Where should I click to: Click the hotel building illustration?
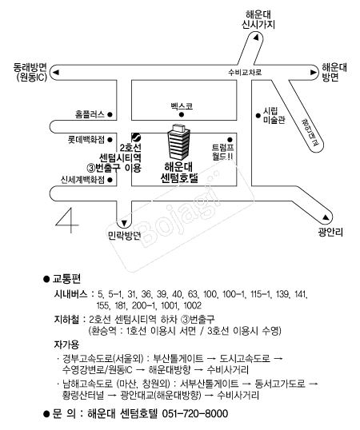tap(178, 142)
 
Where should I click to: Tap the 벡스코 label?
tap(182, 106)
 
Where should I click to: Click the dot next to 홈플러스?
tap(110, 114)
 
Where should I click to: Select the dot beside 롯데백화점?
tap(110, 140)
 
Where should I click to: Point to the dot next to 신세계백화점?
tap(110, 180)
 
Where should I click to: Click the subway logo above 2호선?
tap(136, 137)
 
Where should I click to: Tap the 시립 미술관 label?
tap(274, 115)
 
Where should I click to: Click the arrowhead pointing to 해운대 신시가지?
tap(256, 38)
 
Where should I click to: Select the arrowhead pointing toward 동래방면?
tap(56, 73)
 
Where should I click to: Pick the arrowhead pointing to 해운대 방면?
tap(314, 73)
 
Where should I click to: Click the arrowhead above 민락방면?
tap(124, 223)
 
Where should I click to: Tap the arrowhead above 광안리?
tap(326, 217)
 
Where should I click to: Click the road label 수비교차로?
tap(245, 73)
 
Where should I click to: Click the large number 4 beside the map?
tap(66, 221)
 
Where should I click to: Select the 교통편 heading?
tap(66, 279)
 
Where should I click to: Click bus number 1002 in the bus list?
tap(192, 305)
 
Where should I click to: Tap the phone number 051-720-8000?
tap(195, 413)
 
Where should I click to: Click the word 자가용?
tap(66, 344)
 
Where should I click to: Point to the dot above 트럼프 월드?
tap(230, 140)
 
